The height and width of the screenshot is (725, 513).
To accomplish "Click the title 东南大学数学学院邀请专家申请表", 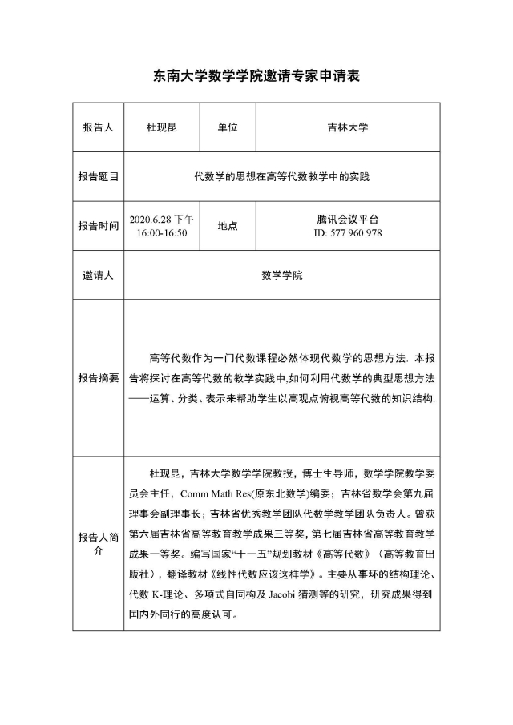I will pos(256,77).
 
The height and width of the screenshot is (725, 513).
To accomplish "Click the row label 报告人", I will pos(98,127).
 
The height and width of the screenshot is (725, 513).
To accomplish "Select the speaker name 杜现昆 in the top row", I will pos(161,127).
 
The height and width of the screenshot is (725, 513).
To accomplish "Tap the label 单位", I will pos(227,127).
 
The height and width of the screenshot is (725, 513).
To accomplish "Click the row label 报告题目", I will pos(98,176).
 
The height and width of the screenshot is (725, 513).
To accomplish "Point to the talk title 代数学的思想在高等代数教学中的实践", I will pos(282,176).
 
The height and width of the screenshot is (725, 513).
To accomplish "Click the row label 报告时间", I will pos(98,226).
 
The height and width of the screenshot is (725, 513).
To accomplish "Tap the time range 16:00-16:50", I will pos(161,232).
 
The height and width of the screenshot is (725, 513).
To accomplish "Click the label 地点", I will pos(227,226).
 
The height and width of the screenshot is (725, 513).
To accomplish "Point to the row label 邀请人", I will pos(98,275).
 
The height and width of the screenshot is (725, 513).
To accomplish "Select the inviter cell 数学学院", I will pos(282,275).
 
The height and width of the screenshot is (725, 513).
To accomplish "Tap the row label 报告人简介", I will pos(98,544).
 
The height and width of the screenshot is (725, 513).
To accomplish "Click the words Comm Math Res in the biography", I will pos(212,493).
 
